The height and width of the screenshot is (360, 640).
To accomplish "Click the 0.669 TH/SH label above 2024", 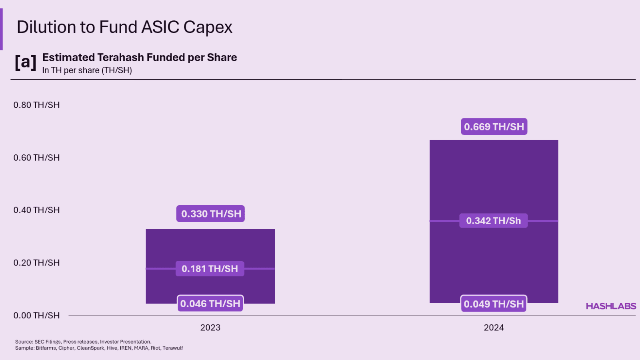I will point(494,127).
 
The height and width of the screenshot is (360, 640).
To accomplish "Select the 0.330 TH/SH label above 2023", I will point(211,214).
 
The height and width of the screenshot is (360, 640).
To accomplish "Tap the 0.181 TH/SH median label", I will point(210,269).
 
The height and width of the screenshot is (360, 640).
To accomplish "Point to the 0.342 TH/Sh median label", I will point(494,221).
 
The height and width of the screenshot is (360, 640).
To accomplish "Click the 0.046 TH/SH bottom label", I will point(210,304).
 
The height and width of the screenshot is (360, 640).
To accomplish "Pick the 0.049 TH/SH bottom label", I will point(494,304).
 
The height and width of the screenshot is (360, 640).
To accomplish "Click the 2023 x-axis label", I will point(210,328).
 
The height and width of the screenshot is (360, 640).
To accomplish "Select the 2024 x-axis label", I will point(494,328).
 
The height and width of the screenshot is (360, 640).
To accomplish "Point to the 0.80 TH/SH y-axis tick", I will point(36,105).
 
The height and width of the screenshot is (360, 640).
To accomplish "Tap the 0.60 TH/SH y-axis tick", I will point(36,158).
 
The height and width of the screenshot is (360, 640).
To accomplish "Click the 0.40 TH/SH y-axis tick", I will point(36,210).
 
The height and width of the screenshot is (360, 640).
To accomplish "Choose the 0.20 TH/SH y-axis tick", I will point(36,263).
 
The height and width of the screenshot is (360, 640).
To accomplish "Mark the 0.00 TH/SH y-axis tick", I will point(36,316).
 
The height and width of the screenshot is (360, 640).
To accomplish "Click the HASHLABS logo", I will point(611,306).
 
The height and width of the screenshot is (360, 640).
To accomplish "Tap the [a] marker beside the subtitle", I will point(26,62).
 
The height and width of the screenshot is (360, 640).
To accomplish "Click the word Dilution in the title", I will point(46,27).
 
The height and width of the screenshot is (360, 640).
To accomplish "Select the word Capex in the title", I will point(208,27).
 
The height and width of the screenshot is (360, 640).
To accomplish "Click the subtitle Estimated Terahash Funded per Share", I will point(140,58).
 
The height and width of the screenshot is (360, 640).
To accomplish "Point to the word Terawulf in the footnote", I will point(173,348).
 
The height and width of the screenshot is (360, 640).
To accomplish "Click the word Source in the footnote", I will point(24,342).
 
